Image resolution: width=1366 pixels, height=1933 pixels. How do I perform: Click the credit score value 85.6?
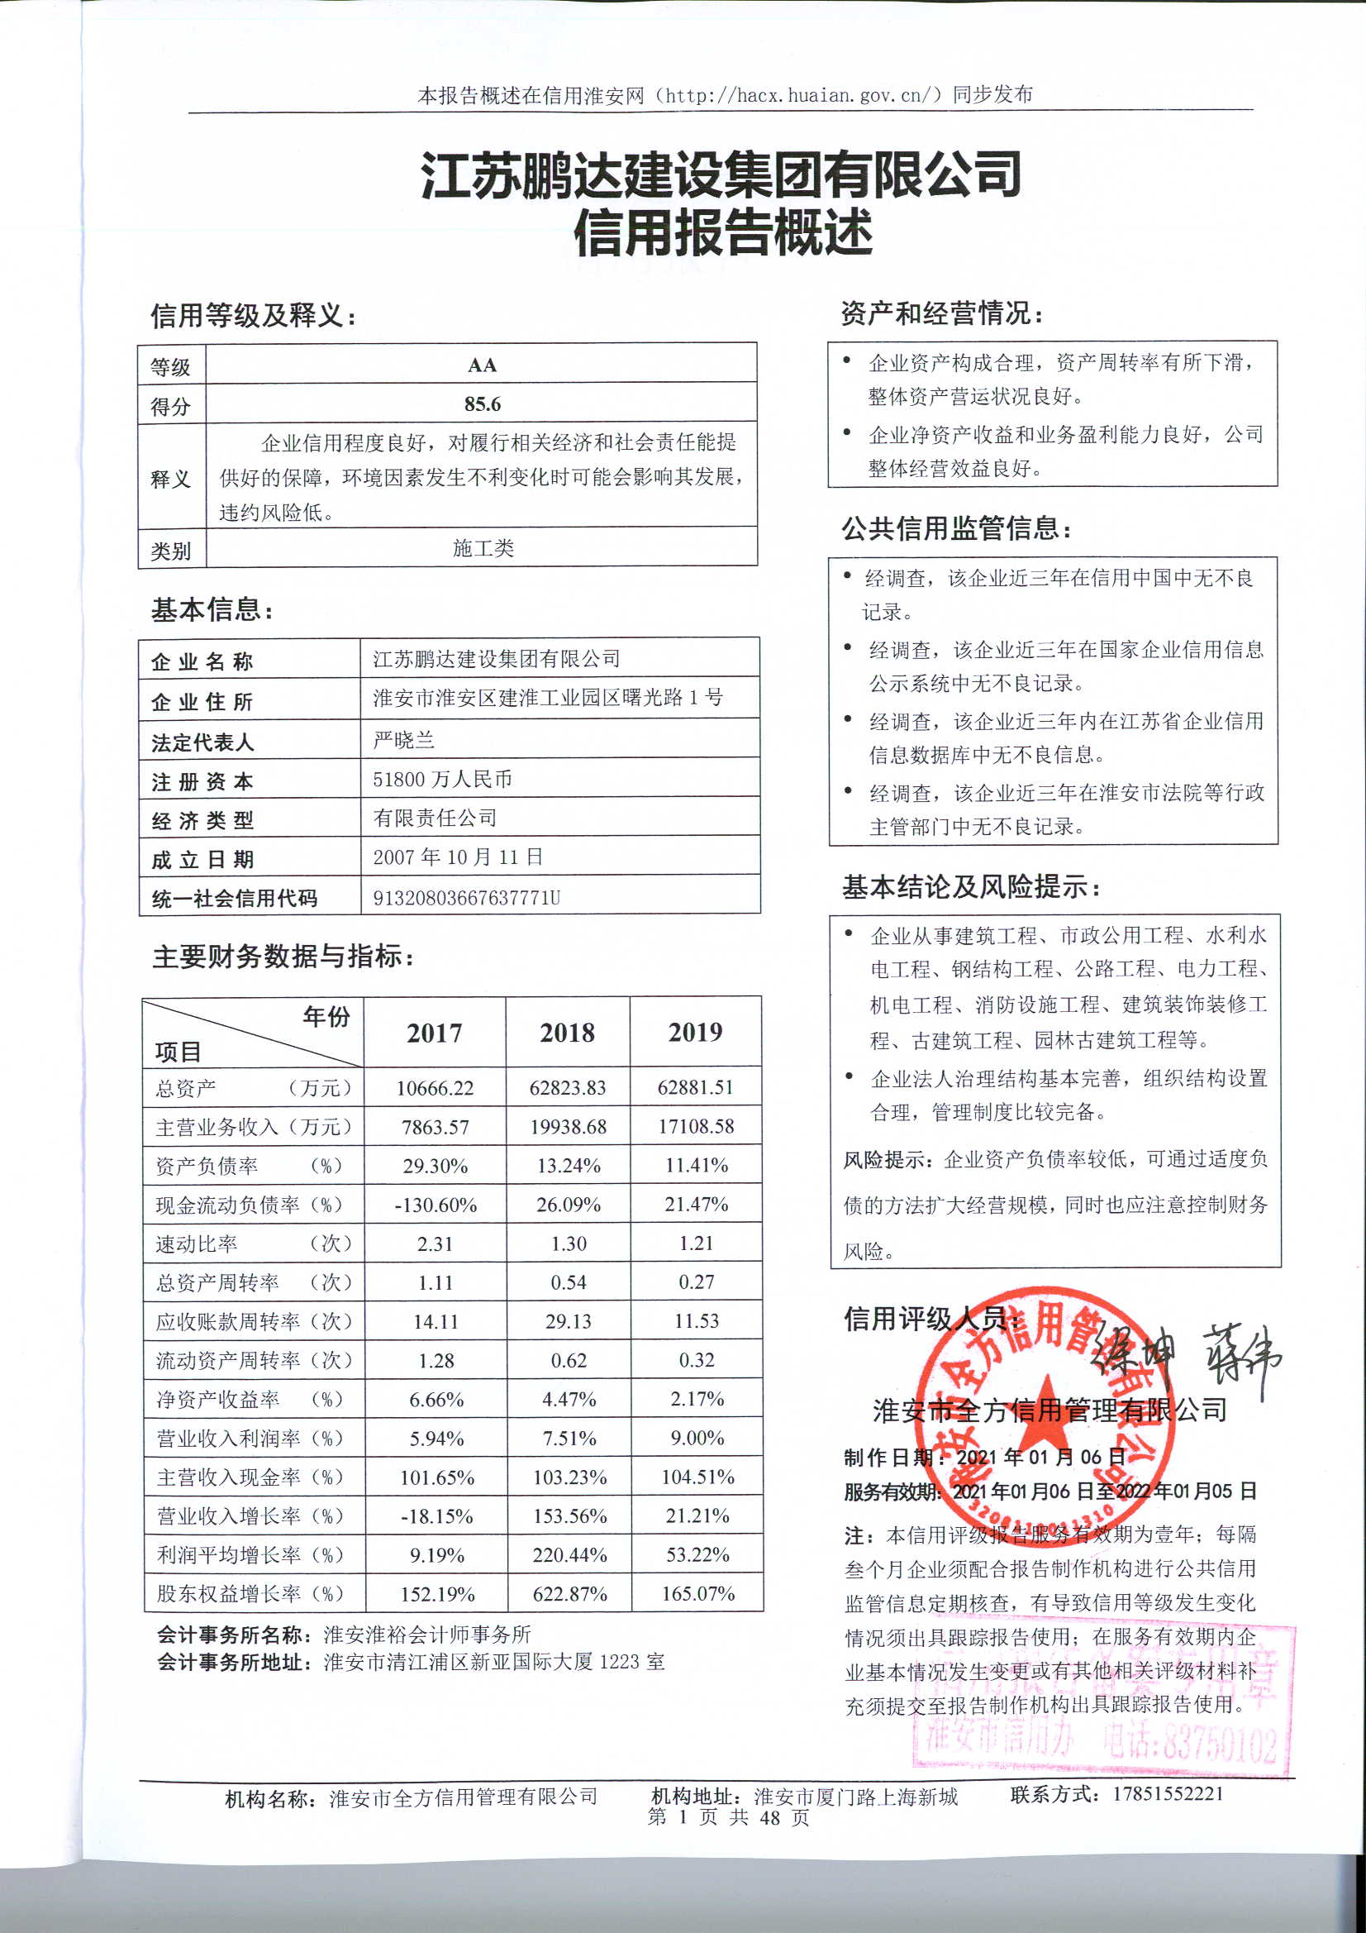click(483, 404)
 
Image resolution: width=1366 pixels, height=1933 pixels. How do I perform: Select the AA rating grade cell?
click(483, 365)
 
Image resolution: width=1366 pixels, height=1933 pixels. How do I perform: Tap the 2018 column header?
click(567, 1032)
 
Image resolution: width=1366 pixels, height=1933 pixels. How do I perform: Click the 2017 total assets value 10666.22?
click(436, 1088)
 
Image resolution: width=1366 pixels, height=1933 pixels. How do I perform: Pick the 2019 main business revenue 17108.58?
click(696, 1126)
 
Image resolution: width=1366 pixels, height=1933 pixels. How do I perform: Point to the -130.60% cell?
click(436, 1205)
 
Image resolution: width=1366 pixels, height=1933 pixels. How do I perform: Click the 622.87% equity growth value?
click(570, 1594)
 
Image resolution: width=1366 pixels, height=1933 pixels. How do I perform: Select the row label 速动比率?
click(197, 1243)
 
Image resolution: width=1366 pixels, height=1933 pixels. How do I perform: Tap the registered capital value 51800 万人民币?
click(443, 779)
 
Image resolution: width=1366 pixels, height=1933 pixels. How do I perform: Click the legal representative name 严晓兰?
click(404, 740)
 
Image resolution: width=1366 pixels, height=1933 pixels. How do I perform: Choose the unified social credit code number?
click(466, 898)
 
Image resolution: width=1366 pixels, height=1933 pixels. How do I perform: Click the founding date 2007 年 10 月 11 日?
click(458, 857)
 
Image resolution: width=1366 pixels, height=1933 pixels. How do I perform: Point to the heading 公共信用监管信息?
click(957, 528)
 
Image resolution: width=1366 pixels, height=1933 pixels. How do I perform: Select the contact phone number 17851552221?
click(1168, 1793)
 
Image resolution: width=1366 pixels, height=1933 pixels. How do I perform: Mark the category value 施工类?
click(483, 549)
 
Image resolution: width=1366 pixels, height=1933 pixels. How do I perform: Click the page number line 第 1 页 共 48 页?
click(729, 1816)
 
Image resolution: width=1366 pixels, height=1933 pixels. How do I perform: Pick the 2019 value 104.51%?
click(697, 1477)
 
